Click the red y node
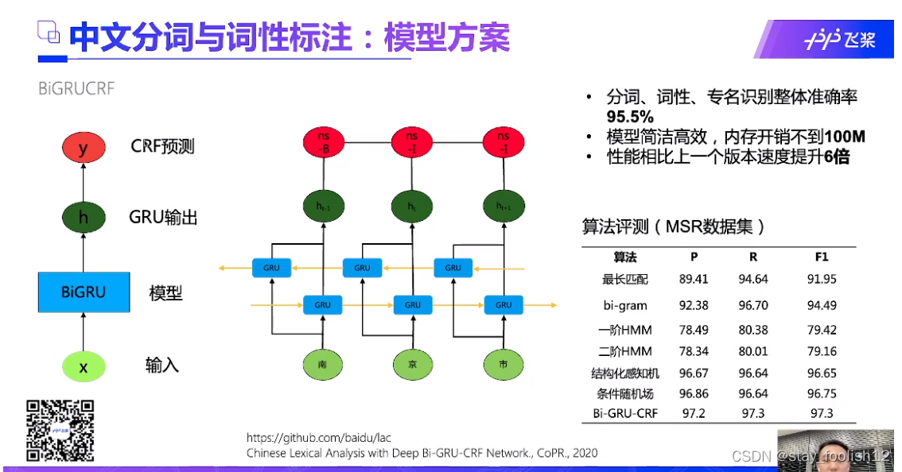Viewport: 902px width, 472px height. point(83,148)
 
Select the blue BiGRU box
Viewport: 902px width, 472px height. point(83,292)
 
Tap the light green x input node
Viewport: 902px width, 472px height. point(83,366)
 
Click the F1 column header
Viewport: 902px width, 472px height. point(822,257)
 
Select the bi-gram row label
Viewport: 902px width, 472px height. point(625,305)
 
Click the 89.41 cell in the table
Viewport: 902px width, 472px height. point(693,279)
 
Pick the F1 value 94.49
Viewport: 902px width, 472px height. point(822,305)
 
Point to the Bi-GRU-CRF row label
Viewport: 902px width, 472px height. point(625,413)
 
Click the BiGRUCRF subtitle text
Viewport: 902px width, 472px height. point(76,88)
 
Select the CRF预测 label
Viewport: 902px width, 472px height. point(162,147)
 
